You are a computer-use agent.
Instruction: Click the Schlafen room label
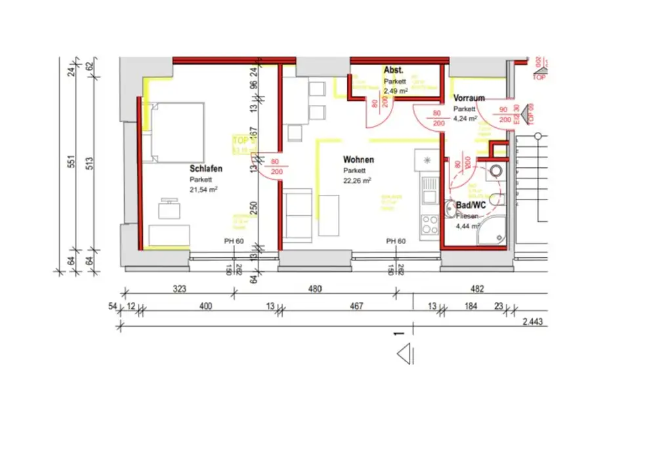[x=206, y=169]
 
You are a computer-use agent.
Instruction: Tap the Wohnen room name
[x=358, y=159]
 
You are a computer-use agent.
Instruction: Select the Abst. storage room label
[x=393, y=70]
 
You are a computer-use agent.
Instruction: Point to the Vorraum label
[x=469, y=98]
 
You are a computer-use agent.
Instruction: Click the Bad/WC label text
[x=471, y=205]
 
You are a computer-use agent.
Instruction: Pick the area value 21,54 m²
[x=203, y=190]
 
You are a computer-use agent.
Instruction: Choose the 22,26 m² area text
[x=357, y=180]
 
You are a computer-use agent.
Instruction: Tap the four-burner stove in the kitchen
[x=429, y=224]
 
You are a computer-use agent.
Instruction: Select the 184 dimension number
[x=471, y=306]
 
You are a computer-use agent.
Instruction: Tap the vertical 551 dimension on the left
[x=72, y=161]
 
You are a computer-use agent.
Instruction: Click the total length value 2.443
[x=532, y=323]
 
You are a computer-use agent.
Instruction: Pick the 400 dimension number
[x=205, y=306]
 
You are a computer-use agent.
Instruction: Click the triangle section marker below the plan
[x=404, y=354]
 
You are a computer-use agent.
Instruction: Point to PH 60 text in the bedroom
[x=234, y=241]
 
